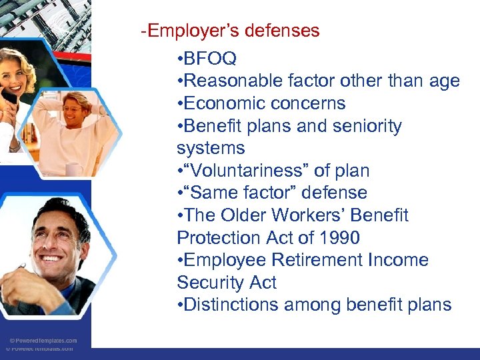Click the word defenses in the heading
[x=287, y=31]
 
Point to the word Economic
[x=223, y=103]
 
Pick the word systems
[x=211, y=148]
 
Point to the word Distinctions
[x=230, y=305]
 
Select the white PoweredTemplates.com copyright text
[x=44, y=340]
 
